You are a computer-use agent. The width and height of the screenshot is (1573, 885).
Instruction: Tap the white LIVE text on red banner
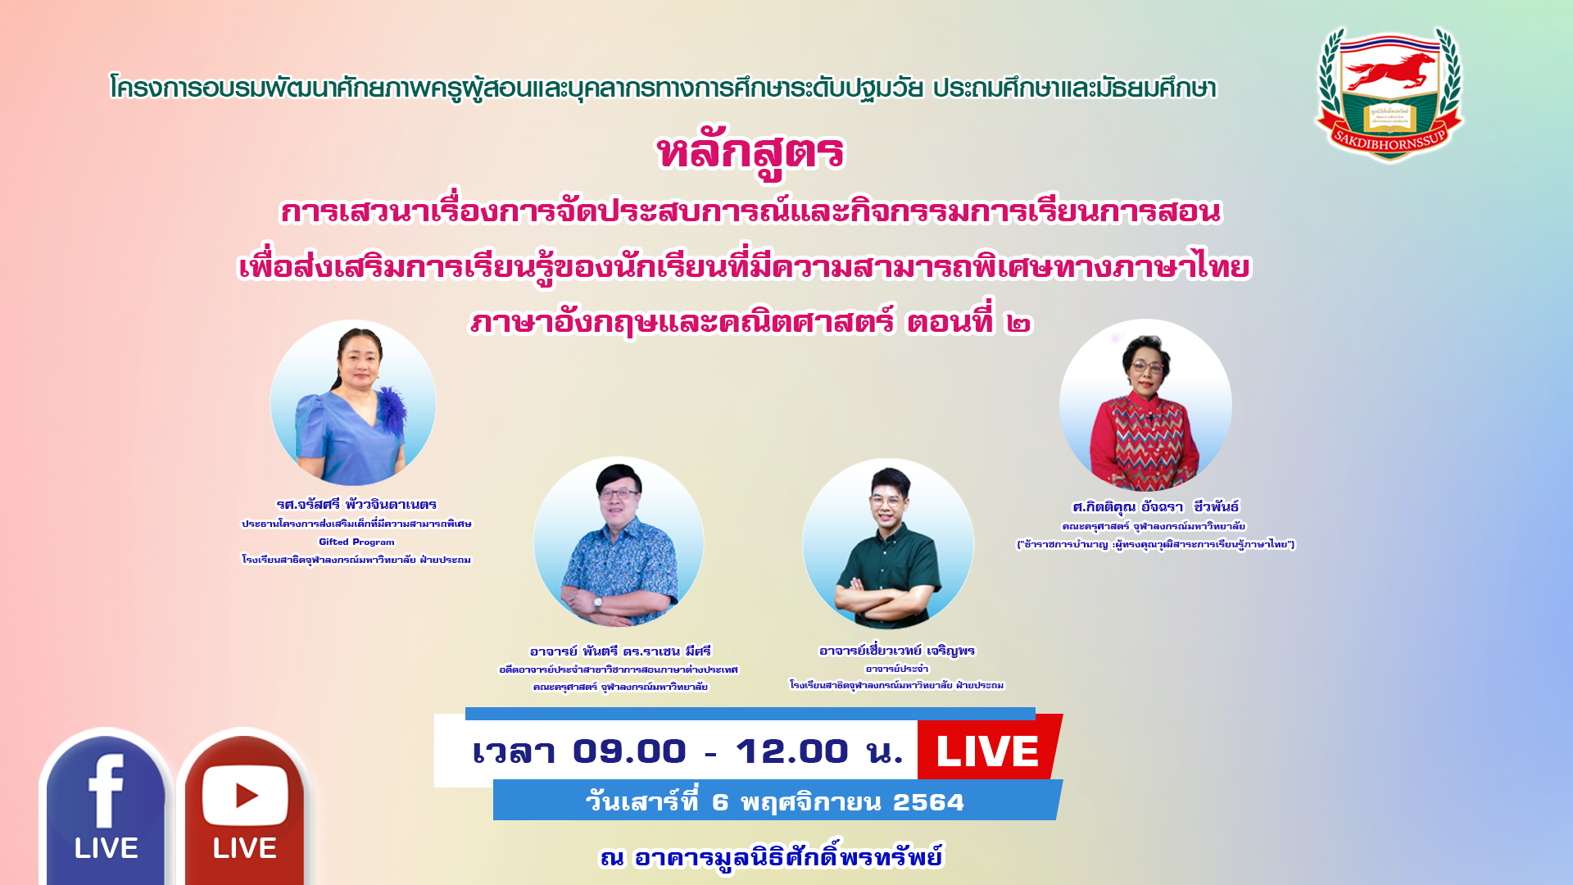[987, 751]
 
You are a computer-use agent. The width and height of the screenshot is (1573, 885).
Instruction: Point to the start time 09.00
[629, 751]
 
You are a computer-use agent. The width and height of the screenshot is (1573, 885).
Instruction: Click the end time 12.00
[791, 751]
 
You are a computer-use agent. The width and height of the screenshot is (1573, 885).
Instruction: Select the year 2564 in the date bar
[928, 801]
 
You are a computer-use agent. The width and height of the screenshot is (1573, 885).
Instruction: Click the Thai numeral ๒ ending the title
[1018, 323]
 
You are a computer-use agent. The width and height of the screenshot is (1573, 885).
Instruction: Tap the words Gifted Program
[356, 542]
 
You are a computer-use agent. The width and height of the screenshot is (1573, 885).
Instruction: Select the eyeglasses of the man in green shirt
[887, 501]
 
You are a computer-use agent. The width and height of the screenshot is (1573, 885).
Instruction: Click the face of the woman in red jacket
[1145, 368]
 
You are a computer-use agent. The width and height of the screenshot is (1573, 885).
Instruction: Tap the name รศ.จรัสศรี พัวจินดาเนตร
[356, 504]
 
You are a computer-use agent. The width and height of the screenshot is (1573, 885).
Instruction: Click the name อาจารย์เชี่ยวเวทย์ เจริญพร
[897, 651]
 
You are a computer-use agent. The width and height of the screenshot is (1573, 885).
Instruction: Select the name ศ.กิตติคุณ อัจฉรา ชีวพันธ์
[1156, 506]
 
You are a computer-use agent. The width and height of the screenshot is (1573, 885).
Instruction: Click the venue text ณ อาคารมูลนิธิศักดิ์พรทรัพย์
[772, 856]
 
